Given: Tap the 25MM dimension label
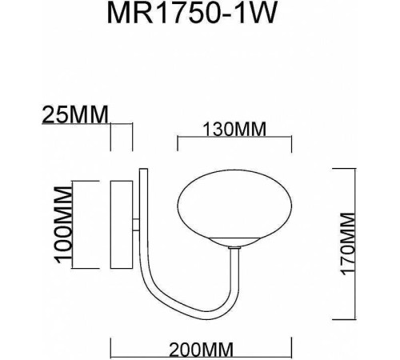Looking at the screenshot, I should coord(74,114).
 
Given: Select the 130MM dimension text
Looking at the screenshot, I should coord(231,130).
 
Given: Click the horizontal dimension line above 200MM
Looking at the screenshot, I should coord(199,335).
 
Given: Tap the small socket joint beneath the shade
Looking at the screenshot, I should coord(233,249).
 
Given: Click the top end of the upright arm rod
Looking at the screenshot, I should coord(142,170).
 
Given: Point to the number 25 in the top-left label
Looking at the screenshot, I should coord(54,114).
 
